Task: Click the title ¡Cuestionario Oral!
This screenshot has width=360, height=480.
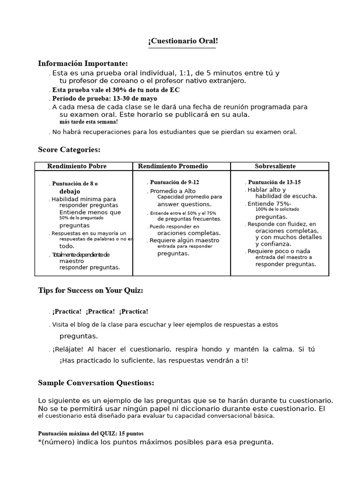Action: coord(183,41)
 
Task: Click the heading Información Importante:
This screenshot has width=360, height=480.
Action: coord(82,63)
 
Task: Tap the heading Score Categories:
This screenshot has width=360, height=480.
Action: coord(69,150)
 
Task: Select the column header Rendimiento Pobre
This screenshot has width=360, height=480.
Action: coord(77,166)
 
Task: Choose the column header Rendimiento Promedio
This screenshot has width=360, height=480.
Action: coord(173,166)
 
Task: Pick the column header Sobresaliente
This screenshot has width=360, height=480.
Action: coord(275,166)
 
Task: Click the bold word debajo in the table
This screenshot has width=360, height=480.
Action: coord(69,192)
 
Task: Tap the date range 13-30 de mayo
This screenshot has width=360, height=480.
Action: coord(135,98)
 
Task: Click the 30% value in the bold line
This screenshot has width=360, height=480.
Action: coord(120,90)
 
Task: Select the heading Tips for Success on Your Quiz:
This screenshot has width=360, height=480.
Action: coord(90,291)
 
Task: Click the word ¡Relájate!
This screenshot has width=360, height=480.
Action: coord(68,350)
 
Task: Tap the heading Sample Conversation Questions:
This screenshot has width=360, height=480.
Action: coord(96,383)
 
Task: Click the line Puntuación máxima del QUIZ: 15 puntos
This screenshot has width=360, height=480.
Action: coord(90,434)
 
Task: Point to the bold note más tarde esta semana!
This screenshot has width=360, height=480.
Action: coord(89,122)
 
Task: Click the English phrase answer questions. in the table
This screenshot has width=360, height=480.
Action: coord(184,204)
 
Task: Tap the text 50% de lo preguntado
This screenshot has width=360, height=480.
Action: coord(81,218)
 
